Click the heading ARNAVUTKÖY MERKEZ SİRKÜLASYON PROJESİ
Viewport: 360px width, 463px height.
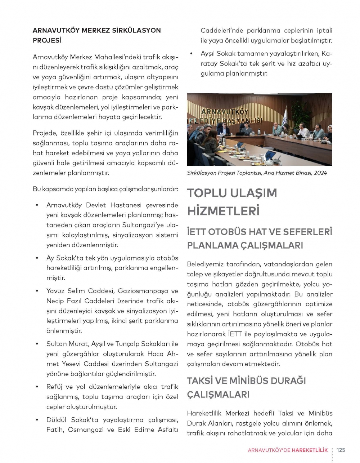click(x=96, y=35)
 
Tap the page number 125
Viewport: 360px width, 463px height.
click(x=341, y=450)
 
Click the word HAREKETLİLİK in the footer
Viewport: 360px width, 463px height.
click(x=310, y=450)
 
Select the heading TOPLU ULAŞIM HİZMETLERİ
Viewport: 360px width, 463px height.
click(x=232, y=201)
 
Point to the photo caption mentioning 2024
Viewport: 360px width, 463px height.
click(x=257, y=173)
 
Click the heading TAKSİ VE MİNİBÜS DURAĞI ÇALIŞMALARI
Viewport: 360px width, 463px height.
click(x=246, y=387)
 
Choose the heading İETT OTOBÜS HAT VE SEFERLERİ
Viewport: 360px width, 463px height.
click(x=259, y=232)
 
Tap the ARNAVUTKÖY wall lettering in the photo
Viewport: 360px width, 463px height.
click(x=225, y=112)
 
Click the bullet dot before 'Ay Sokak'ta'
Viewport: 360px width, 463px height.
click(x=37, y=258)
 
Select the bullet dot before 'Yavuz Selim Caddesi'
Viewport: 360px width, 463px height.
click(x=37, y=291)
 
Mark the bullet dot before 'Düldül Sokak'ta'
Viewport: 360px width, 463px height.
click(x=37, y=420)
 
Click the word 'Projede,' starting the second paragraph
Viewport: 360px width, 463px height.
click(x=45, y=133)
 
